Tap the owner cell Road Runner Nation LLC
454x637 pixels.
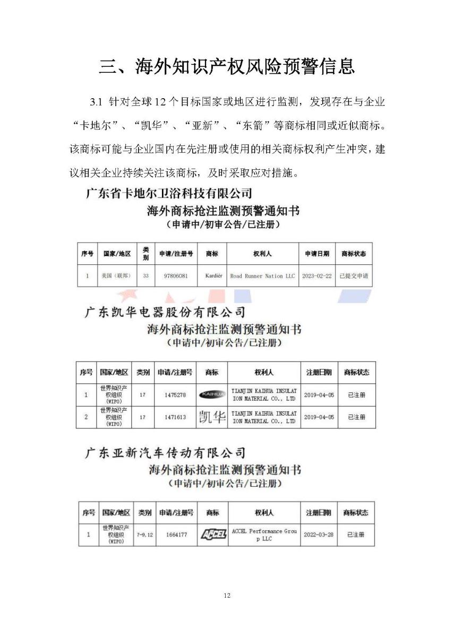[262, 276]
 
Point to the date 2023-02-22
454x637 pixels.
[316, 276]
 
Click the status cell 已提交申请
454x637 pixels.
[354, 276]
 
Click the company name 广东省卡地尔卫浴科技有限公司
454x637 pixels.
[169, 193]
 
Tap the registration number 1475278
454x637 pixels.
[176, 395]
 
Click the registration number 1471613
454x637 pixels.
[176, 417]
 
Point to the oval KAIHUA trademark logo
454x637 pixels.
[212, 394]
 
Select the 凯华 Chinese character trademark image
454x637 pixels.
[212, 417]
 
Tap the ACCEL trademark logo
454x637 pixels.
[212, 535]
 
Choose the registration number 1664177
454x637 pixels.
[176, 535]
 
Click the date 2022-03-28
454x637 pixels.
[319, 535]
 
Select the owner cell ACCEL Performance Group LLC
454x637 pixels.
[264, 535]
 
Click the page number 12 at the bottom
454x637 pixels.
[227, 596]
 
